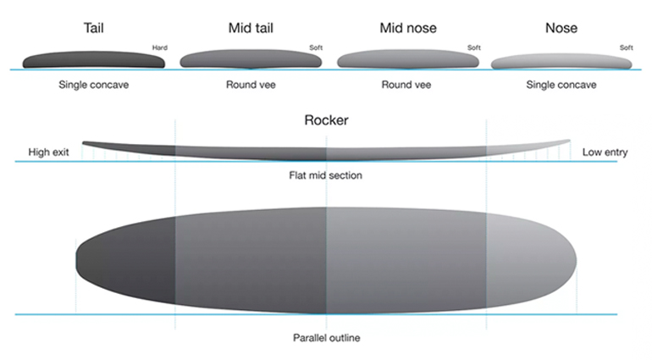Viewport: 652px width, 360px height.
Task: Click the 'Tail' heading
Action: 93,28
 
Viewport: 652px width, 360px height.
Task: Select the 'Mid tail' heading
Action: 251,28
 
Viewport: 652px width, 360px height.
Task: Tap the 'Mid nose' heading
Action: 408,28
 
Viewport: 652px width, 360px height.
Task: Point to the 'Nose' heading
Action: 561,28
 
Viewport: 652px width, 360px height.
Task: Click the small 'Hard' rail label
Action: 160,47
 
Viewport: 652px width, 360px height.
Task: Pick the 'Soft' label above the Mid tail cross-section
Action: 316,47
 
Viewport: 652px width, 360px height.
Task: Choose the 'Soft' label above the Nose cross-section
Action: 627,47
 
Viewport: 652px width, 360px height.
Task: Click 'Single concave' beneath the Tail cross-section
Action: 93,85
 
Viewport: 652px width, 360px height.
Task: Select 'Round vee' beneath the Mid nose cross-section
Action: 406,85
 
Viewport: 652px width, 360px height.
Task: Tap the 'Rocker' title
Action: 326,120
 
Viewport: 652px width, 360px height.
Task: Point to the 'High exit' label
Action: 48,152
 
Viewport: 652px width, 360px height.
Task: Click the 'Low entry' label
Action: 605,152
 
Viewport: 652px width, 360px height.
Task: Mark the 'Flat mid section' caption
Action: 326,175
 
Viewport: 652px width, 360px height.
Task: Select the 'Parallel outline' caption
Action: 326,337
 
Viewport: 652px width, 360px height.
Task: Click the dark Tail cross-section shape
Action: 93,60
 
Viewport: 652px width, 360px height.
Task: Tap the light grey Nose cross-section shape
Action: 561,62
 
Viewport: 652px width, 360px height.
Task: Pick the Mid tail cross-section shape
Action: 251,59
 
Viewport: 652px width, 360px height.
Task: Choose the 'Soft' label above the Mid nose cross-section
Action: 474,47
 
